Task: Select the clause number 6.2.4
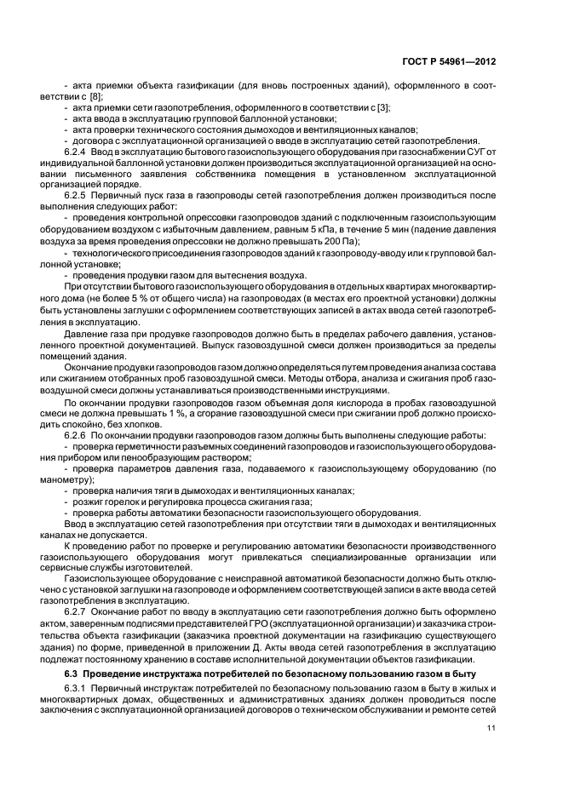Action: pos(79,151)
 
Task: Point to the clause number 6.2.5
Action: pos(79,195)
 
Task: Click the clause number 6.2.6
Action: pos(79,435)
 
